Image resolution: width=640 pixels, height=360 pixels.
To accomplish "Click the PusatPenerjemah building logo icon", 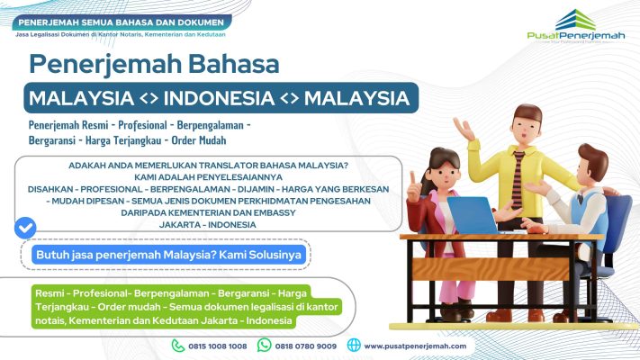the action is click(x=575, y=20).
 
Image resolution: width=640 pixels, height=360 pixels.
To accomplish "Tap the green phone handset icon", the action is click(x=178, y=346).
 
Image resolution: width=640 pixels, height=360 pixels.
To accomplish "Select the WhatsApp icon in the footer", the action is click(x=264, y=346).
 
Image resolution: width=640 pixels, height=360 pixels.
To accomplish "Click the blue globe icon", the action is click(x=354, y=346).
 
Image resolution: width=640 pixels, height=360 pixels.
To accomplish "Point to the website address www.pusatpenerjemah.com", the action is click(x=415, y=346).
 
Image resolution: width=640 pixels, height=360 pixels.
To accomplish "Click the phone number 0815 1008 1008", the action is click(x=218, y=346).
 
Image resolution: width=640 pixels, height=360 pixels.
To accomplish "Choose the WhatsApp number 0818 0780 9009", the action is click(x=306, y=346).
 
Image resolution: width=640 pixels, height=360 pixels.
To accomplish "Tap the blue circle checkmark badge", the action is click(x=25, y=228).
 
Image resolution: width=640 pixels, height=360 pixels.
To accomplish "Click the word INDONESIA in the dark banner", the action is click(x=219, y=98).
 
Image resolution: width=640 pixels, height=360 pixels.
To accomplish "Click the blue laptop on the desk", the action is click(x=473, y=215).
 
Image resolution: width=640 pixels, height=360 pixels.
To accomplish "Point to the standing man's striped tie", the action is click(x=518, y=180).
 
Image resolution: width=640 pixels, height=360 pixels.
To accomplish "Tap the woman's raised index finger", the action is click(x=412, y=177).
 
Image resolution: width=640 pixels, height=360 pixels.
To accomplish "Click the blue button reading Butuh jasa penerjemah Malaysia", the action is click(x=168, y=255).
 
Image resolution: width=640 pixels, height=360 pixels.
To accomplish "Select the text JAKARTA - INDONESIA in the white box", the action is click(x=207, y=225).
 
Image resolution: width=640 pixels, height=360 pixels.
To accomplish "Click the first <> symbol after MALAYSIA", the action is click(x=149, y=98).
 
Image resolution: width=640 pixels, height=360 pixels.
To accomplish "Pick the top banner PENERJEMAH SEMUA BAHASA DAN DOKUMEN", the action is click(x=122, y=22).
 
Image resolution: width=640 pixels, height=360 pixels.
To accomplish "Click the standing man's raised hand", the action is click(x=464, y=129).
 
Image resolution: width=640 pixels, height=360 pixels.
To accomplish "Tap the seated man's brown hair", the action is click(x=594, y=160).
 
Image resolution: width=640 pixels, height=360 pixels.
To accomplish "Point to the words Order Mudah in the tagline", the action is click(x=199, y=140).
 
